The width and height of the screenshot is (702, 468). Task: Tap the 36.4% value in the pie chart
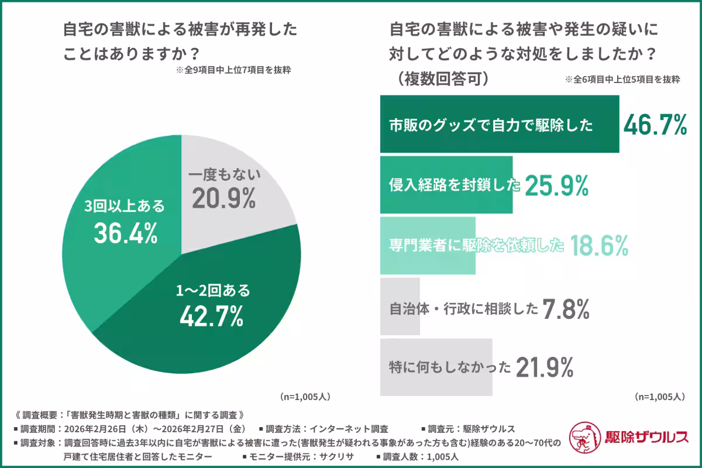[126, 233]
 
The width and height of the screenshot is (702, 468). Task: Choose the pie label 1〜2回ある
[214, 290]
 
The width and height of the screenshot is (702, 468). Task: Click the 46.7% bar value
[655, 125]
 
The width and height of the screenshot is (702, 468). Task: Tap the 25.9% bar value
[556, 185]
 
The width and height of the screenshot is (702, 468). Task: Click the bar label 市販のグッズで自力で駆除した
[491, 125]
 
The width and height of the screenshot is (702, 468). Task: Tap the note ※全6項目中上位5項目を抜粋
[622, 80]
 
